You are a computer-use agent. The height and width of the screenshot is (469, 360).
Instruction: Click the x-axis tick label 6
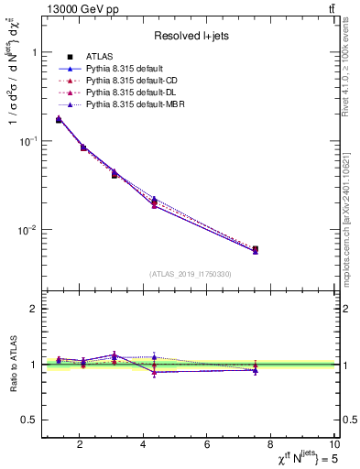207,446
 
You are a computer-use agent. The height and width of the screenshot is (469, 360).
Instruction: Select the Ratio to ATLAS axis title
13,364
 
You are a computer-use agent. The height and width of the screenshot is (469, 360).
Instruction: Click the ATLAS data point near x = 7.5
256,248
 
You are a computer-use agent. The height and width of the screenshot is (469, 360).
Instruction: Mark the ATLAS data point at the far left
59,119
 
